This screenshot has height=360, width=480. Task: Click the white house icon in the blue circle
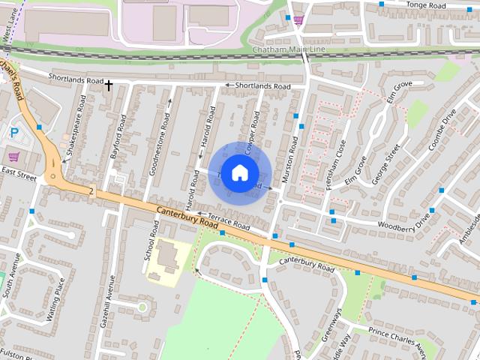pyautogui.click(x=239, y=172)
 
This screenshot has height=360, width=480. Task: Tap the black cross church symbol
pyautogui.click(x=109, y=85)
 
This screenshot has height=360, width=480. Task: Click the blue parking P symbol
pyautogui.click(x=14, y=133)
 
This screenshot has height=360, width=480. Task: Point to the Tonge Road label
pyautogui.click(x=426, y=4)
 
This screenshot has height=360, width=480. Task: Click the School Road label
pyautogui.click(x=151, y=241)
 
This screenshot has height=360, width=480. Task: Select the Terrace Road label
pyautogui.click(x=228, y=220)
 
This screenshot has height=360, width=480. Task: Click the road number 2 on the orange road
pyautogui.click(x=91, y=191)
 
